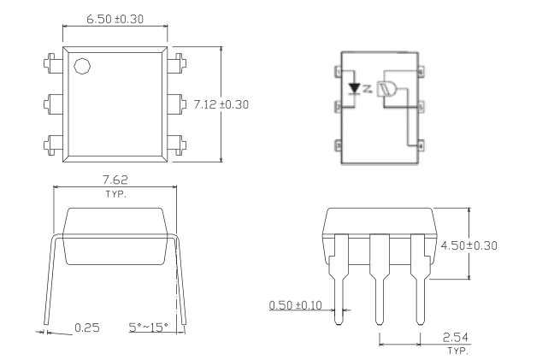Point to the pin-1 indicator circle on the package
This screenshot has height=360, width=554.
(x=82, y=67)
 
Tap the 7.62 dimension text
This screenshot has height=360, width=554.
(x=115, y=180)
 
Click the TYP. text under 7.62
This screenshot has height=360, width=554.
(x=115, y=193)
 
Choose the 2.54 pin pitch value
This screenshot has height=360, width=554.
(x=457, y=336)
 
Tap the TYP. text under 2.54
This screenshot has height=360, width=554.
(x=457, y=351)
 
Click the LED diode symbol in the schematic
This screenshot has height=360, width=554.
(x=355, y=88)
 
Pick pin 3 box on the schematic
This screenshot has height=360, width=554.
(x=339, y=146)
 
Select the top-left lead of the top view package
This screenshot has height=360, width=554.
(x=49, y=62)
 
